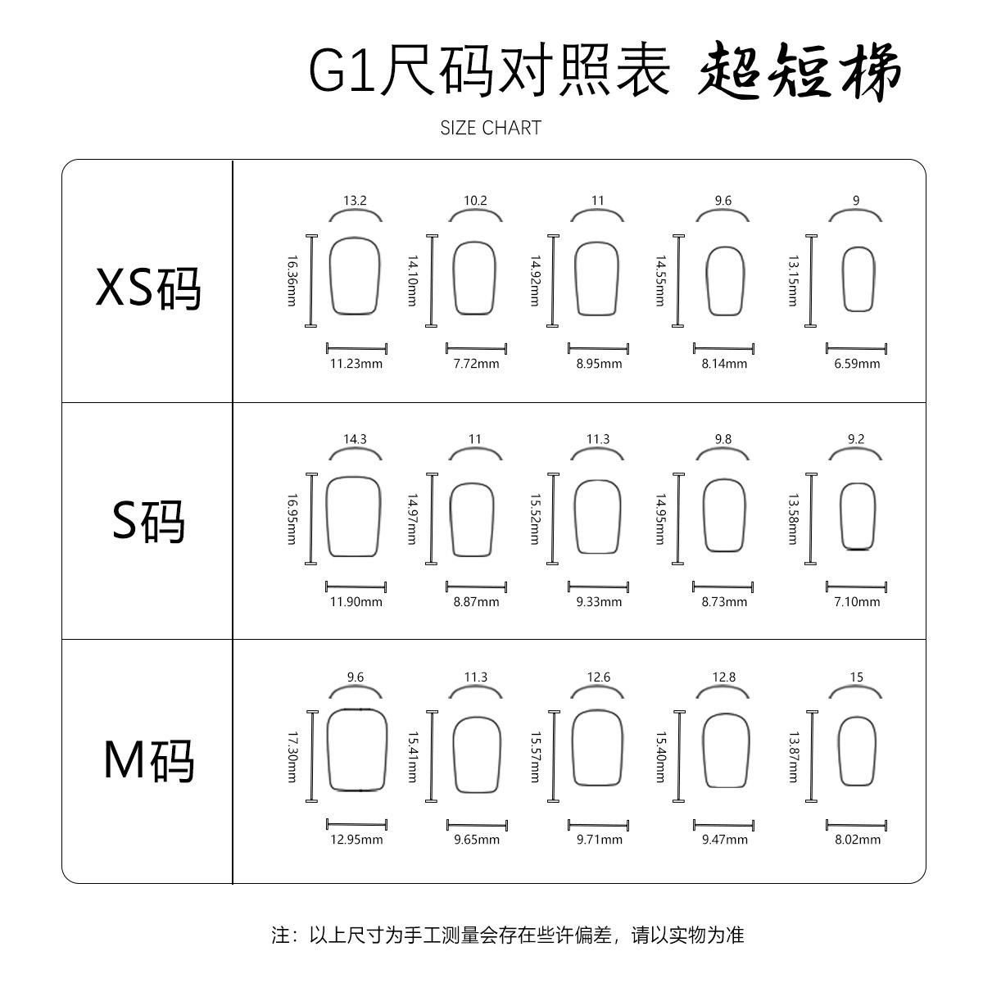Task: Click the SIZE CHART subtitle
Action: click(x=491, y=128)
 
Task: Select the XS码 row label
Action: click(x=148, y=288)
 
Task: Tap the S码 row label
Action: click(x=148, y=521)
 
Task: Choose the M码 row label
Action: click(x=149, y=760)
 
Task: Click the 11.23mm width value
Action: click(x=356, y=364)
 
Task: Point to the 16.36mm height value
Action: click(x=292, y=281)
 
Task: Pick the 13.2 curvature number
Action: click(x=355, y=201)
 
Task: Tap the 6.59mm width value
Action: click(x=857, y=364)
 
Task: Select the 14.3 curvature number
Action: click(x=355, y=439)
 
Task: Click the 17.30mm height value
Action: click(x=292, y=758)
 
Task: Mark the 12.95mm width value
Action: click(x=356, y=840)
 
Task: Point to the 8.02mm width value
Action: click(x=858, y=840)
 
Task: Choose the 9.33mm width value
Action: click(x=599, y=602)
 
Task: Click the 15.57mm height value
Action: click(x=535, y=758)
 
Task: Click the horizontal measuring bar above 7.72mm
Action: click(x=476, y=349)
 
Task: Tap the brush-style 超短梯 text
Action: click(x=800, y=71)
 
